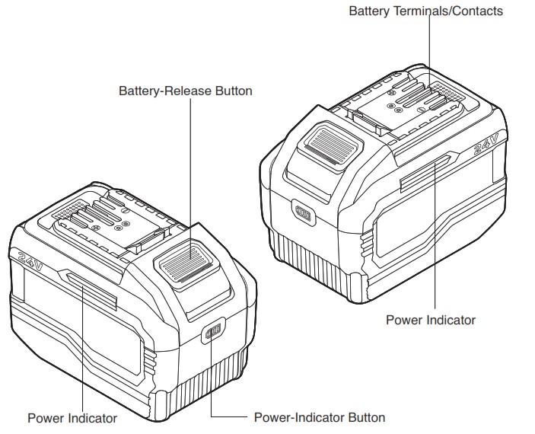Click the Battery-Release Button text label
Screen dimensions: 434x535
(185, 91)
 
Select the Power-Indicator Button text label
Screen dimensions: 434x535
(319, 417)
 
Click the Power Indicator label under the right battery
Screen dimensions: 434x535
(430, 320)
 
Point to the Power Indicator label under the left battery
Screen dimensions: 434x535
(72, 418)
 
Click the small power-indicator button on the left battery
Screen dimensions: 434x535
(212, 333)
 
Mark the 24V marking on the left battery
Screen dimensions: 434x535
(27, 262)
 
